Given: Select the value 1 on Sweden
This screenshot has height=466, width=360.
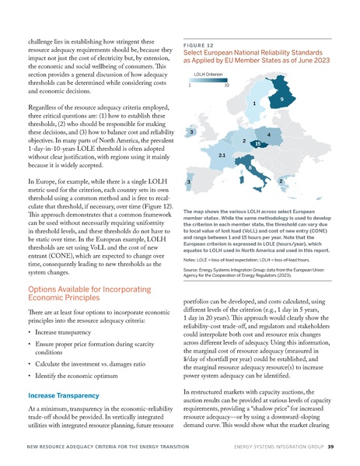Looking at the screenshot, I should [254, 103].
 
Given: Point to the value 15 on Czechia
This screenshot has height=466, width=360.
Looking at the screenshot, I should [257, 144].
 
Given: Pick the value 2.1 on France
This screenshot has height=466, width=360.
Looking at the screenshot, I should [222, 156].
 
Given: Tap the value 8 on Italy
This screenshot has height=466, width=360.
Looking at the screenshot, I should [249, 167].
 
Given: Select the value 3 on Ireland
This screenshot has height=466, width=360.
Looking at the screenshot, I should [191, 133].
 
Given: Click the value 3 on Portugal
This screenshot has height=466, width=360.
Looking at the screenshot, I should [189, 181].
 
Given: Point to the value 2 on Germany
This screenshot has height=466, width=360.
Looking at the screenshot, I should [243, 141].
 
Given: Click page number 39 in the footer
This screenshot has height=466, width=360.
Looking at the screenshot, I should [330, 447].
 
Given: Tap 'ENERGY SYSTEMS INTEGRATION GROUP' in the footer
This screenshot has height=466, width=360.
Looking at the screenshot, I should [278, 447].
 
